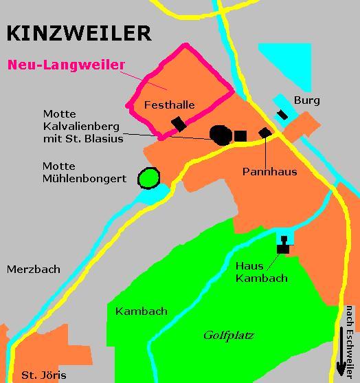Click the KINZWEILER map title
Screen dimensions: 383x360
click(78, 33)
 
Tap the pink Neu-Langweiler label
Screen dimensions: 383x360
click(67, 66)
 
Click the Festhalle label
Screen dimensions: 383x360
click(170, 105)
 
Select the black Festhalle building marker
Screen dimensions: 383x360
click(179, 123)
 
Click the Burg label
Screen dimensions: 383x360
click(307, 100)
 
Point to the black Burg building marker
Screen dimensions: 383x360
click(282, 114)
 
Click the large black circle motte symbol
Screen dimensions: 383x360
click(221, 135)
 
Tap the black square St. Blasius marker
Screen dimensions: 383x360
click(240, 135)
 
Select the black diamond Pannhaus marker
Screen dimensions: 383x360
click(265, 132)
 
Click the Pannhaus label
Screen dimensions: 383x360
click(269, 171)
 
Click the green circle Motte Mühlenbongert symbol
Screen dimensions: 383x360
click(148, 179)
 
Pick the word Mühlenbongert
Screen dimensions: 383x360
click(85, 179)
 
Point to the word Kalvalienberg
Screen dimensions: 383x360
click(82, 127)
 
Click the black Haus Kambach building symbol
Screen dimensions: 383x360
click(282, 246)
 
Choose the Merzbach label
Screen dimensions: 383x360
click(34, 270)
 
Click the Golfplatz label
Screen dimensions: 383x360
click(229, 336)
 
